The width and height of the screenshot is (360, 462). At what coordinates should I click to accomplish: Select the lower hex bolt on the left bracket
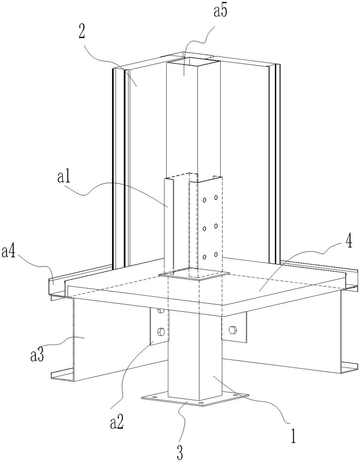pos(160,332)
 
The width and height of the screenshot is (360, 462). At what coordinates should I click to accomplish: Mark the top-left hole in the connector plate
pos(204,200)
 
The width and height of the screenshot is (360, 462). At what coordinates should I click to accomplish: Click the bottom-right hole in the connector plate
pos(216,254)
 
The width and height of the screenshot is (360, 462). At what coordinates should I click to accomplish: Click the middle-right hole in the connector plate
pos(216,226)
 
